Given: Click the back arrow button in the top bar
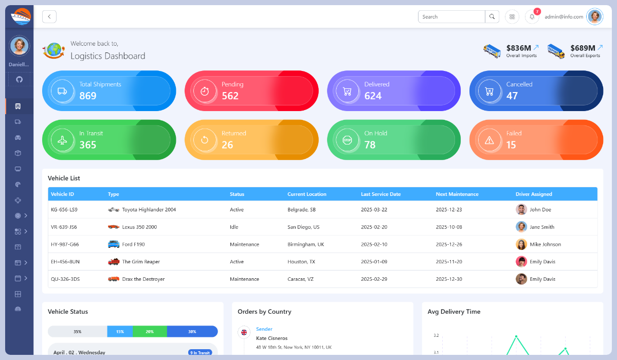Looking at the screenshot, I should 49,17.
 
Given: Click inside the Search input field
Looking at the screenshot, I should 451,17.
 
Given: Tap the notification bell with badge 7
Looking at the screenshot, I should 532,17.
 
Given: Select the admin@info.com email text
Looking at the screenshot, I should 564,17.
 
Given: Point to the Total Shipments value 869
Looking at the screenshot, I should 88,96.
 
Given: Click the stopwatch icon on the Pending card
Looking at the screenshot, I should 205,91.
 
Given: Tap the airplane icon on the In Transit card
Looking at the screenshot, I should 62,140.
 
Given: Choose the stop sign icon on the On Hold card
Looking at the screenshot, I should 347,140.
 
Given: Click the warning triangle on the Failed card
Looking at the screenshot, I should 489,140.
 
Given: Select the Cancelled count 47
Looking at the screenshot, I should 512,96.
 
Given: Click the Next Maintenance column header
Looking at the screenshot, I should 457,194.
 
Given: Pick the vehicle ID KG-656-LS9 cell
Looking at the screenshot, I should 64,210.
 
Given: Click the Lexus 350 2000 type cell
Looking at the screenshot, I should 139,227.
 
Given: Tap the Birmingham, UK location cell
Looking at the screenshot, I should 305,245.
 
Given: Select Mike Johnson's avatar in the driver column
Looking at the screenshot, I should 521,244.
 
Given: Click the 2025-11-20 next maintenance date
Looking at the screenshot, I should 449,262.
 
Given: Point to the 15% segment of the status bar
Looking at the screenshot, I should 120,332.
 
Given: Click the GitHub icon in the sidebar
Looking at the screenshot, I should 20,79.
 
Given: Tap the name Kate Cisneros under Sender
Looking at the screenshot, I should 271,338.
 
